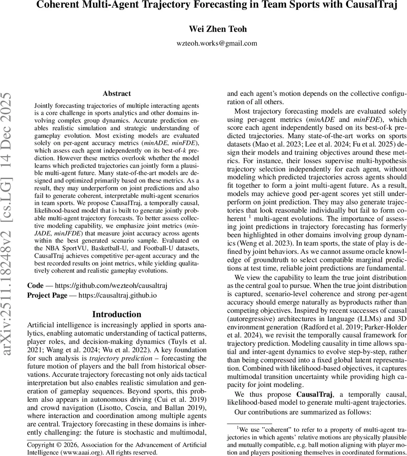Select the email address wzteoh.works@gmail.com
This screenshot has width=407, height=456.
point(217,43)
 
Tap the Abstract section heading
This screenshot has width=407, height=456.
point(117,93)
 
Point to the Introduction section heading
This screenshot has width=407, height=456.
point(117,314)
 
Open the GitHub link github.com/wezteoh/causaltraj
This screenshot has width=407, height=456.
point(111,285)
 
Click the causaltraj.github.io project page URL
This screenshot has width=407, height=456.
point(117,295)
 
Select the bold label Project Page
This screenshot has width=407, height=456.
point(47,295)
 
